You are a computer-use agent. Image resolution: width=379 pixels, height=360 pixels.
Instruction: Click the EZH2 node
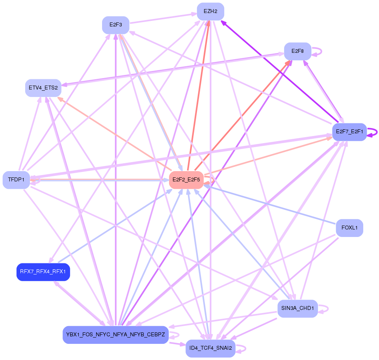210,11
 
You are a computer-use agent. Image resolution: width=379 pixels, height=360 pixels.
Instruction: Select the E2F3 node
115,25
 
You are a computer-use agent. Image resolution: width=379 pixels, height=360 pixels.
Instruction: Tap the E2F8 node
297,51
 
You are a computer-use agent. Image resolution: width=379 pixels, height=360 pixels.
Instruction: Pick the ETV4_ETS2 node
43,88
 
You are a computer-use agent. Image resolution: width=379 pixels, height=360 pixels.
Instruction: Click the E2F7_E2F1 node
349,132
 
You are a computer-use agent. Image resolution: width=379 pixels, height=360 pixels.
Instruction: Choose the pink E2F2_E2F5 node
186,180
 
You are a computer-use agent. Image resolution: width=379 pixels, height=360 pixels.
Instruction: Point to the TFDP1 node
16,180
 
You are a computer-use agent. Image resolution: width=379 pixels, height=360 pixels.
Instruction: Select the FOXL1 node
349,228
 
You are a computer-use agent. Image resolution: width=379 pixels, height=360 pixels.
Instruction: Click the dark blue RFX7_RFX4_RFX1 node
43,272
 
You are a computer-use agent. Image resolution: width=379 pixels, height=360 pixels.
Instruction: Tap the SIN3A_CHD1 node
297,308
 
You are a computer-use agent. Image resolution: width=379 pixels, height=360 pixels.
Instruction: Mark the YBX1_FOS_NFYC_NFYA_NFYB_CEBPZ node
115,335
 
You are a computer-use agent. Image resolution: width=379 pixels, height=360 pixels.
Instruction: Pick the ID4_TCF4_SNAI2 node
210,349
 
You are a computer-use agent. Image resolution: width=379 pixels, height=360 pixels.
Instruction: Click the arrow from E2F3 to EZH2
163,19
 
